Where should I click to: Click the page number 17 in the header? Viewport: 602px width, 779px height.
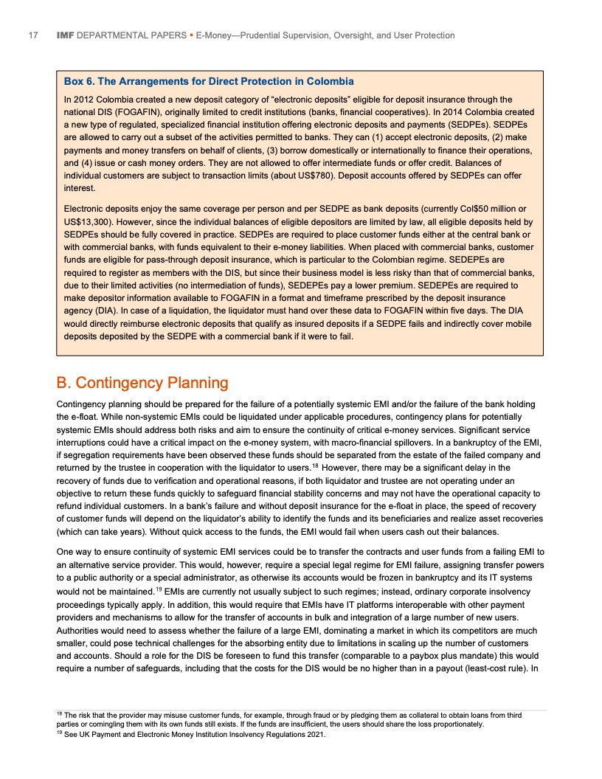pyautogui.click(x=32, y=35)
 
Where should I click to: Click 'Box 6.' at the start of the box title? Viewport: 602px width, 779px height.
pyautogui.click(x=80, y=81)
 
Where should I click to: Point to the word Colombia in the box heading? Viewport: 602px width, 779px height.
pyautogui.click(x=328, y=81)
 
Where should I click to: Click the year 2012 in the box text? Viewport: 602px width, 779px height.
pyautogui.click(x=85, y=100)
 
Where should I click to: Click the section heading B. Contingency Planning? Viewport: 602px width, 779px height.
pyautogui.click(x=142, y=383)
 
